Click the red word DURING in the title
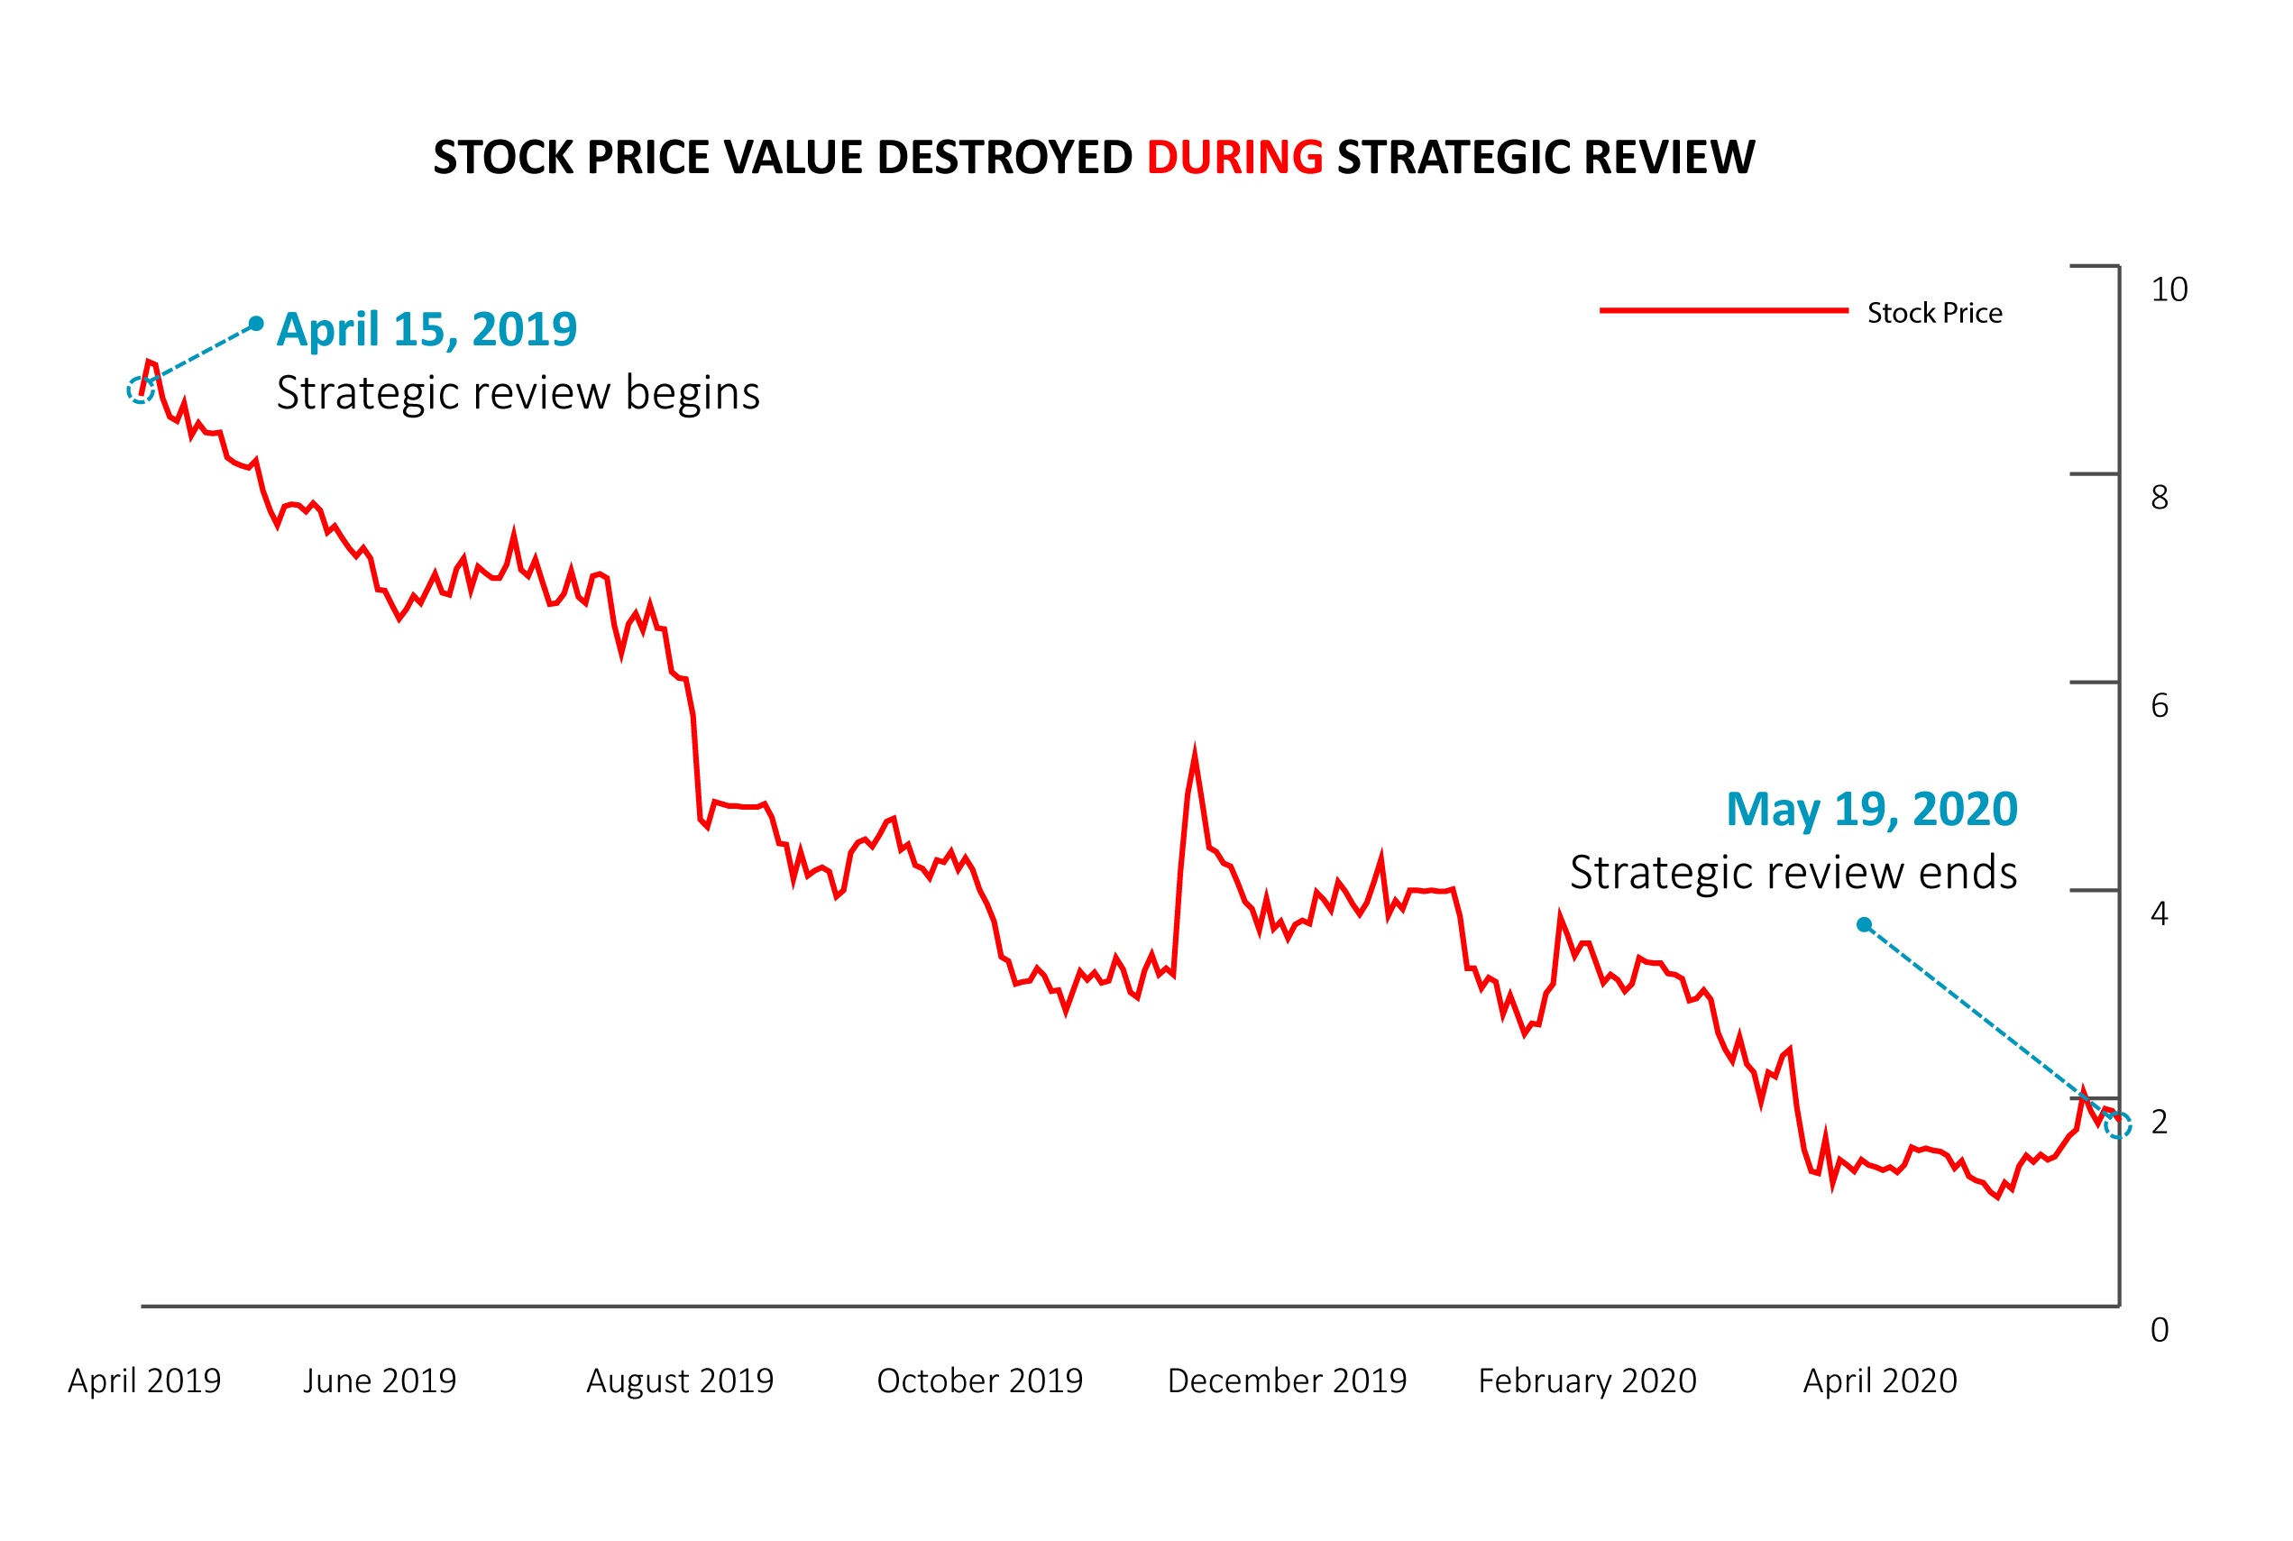1234,157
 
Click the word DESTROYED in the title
1004,157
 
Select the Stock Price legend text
1934,313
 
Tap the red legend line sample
1724,310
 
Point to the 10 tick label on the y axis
2169,290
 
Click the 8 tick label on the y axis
2160,499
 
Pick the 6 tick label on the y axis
2160,706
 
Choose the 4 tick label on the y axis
2160,914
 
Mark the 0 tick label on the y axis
2160,1331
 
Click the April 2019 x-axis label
144,1380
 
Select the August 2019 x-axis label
680,1380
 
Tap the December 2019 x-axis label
1287,1380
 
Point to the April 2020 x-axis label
1879,1380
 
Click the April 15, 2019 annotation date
426,329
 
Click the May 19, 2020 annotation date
1871,810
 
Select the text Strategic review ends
1793,873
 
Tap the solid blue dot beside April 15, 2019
255,324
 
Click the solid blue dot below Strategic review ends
1864,925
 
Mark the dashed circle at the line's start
141,391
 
